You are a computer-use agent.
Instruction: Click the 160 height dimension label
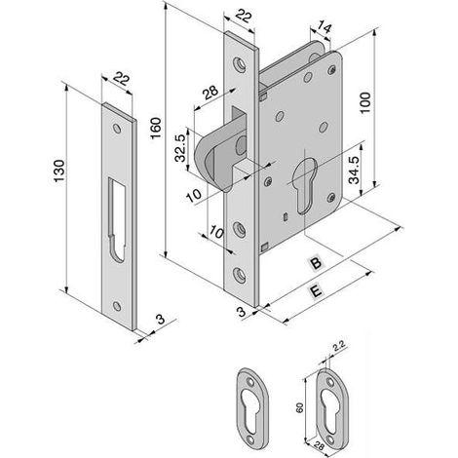point(156,128)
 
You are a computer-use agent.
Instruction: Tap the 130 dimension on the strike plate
point(59,171)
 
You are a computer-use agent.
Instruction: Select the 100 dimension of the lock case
point(365,102)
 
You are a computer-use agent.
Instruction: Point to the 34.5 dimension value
point(354,171)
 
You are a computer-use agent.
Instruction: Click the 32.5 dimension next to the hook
point(180,148)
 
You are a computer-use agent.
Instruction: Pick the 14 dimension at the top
point(324,27)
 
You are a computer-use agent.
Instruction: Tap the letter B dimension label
point(316,262)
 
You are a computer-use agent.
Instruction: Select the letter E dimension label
point(316,290)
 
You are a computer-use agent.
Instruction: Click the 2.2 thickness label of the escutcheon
point(339,347)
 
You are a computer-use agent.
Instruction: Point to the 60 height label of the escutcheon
point(299,407)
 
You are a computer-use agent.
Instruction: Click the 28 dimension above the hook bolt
point(210,93)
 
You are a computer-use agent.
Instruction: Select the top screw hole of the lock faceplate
point(240,64)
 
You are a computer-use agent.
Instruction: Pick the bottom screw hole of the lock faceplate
point(240,275)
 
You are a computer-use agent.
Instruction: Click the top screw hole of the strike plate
point(117,129)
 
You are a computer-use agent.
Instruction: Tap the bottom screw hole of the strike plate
point(117,306)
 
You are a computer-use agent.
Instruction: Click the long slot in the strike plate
point(117,219)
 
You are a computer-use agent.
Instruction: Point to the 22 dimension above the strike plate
point(121,79)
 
